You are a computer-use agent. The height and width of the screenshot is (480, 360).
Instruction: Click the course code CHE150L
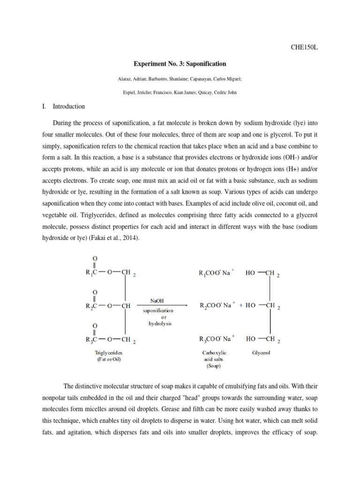click(304, 47)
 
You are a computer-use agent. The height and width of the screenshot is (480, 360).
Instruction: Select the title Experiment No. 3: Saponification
click(180, 64)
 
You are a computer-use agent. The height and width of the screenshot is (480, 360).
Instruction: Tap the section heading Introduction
click(69, 106)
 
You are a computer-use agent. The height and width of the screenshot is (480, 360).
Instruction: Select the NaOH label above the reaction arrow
click(157, 300)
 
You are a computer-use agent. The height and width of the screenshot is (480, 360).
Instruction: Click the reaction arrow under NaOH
click(162, 306)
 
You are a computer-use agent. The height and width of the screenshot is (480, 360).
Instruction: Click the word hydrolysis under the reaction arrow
click(161, 324)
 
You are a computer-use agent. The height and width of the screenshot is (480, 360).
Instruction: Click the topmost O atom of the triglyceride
click(95, 258)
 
